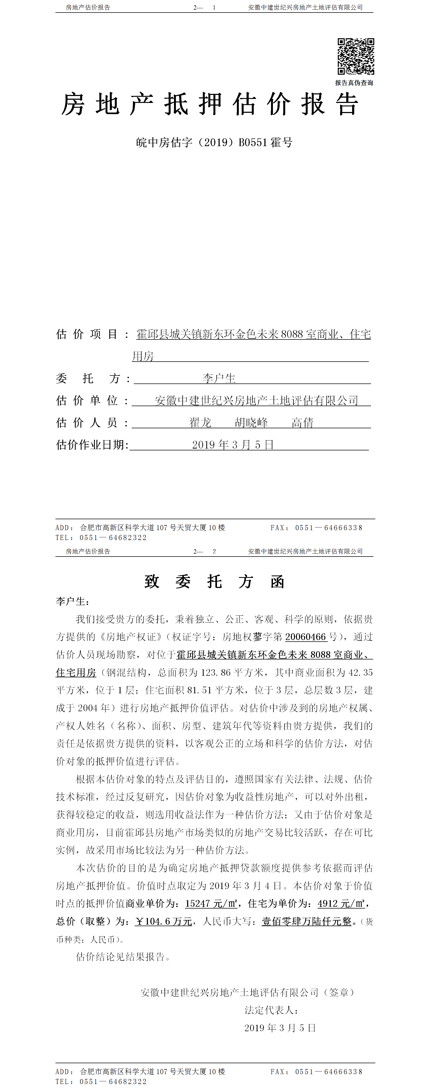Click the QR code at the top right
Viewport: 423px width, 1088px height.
pyautogui.click(x=356, y=56)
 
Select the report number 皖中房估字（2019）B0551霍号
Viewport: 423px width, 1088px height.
pyautogui.click(x=214, y=142)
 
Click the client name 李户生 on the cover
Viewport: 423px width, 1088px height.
pyautogui.click(x=219, y=378)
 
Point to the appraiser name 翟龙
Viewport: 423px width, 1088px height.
pyautogui.click(x=200, y=422)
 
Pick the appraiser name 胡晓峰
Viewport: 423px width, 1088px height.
pyautogui.click(x=251, y=422)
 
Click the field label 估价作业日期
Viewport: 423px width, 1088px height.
pyautogui.click(x=92, y=445)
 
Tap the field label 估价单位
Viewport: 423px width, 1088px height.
pyautogui.click(x=87, y=400)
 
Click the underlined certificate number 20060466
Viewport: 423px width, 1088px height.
pyautogui.click(x=306, y=637)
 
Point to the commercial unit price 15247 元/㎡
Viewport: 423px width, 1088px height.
pyautogui.click(x=211, y=903)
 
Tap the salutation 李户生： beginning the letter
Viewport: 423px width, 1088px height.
pyautogui.click(x=72, y=601)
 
